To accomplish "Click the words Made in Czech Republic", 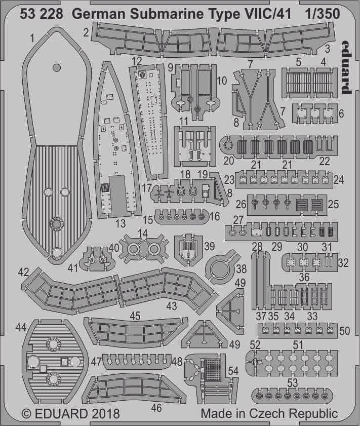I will pos(269,413).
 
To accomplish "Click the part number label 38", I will pos(241,270).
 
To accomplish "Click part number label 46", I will pos(157,407).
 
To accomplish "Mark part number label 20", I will pos(228,161).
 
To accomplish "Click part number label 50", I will pos(345,331).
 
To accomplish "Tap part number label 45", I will pos(135,316).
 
